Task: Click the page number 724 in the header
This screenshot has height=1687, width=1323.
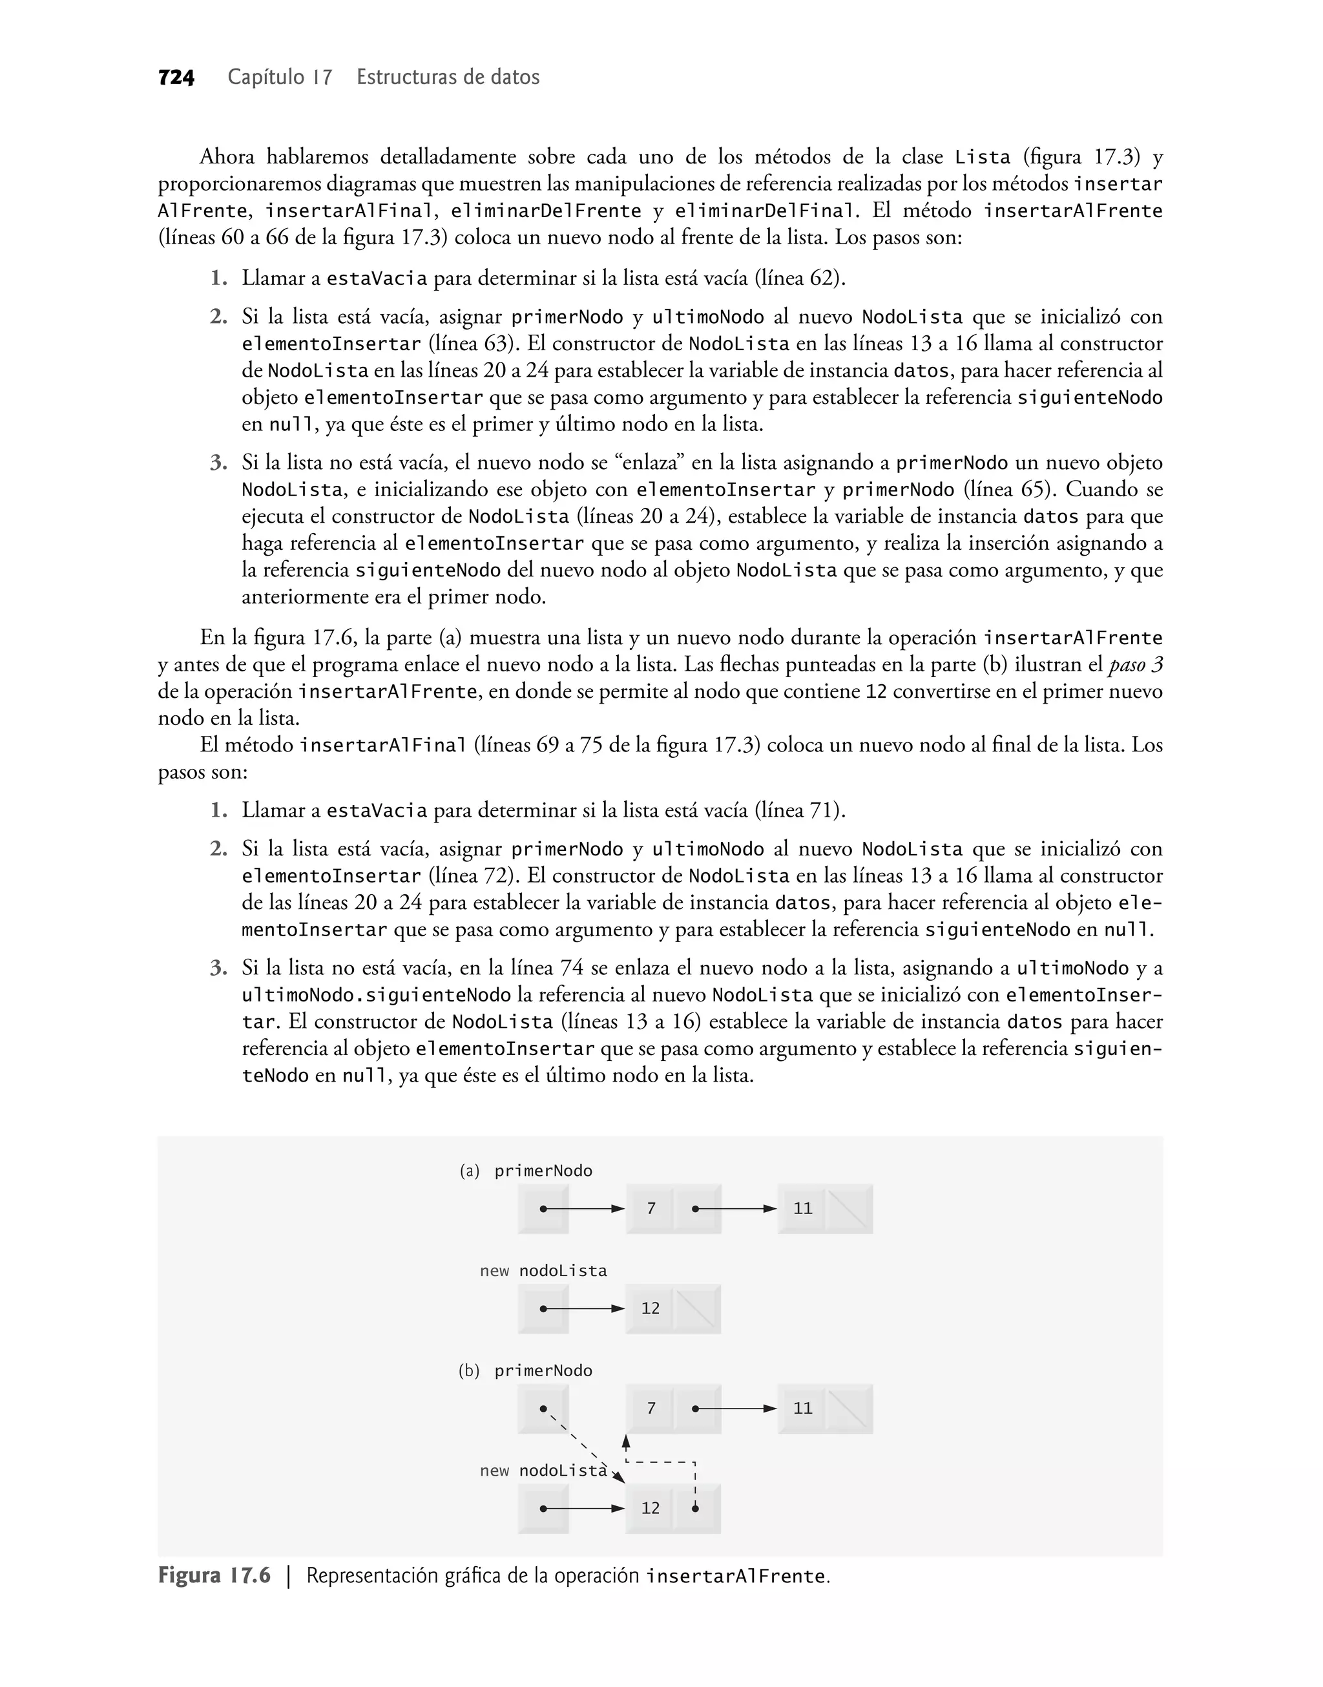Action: (176, 78)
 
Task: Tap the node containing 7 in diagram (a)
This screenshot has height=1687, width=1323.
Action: (651, 1208)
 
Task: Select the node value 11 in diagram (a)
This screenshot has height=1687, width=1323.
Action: (802, 1208)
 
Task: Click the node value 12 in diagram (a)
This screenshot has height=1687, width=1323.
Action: (651, 1308)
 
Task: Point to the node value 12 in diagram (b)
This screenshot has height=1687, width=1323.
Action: (651, 1508)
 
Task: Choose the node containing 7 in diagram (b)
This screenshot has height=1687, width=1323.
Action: (651, 1408)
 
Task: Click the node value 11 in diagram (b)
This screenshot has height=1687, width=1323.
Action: (802, 1408)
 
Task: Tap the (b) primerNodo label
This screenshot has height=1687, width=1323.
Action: (526, 1371)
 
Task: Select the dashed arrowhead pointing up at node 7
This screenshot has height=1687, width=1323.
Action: (626, 1442)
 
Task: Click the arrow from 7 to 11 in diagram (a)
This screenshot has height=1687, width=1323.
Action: (736, 1208)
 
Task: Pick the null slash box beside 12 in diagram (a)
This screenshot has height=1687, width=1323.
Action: (696, 1308)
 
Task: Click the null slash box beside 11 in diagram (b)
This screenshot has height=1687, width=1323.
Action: (848, 1408)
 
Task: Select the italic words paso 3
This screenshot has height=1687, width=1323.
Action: (1136, 665)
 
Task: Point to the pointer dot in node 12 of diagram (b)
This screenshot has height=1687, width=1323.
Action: (696, 1508)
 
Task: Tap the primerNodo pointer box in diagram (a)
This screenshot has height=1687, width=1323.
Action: (543, 1208)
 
